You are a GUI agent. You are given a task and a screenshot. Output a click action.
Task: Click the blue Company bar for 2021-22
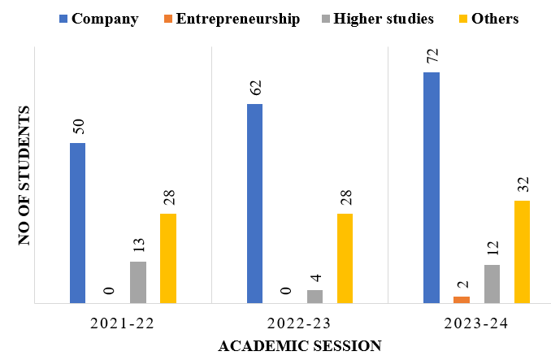pos(77,223)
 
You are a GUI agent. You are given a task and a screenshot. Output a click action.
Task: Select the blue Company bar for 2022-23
pos(254,203)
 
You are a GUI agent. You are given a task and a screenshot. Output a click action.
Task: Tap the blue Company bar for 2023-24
pos(432,188)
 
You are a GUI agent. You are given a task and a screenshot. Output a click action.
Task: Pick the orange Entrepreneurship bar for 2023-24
pos(462,300)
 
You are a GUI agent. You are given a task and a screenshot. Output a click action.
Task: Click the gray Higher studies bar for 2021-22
pos(137,282)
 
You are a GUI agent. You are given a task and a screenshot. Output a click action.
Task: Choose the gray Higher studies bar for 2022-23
pos(315,297)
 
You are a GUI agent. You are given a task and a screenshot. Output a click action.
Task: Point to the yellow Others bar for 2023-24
pos(522,252)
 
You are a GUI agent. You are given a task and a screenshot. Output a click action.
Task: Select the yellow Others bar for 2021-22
pos(167,258)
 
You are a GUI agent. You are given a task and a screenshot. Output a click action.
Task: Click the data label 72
pos(432,58)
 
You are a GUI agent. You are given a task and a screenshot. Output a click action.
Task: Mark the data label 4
pos(315,277)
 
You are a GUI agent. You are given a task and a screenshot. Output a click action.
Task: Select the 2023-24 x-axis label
pos(476,323)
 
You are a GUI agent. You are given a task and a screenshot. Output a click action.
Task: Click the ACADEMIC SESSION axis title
pos(300,345)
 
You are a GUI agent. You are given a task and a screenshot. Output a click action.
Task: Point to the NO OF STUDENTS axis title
pos(24,175)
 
